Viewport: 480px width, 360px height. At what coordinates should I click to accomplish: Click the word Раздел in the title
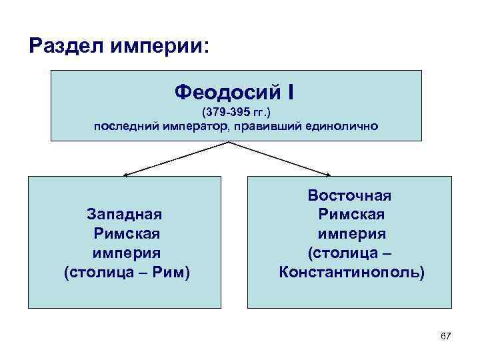click(x=62, y=47)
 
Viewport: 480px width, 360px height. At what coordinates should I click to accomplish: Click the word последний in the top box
click(x=125, y=126)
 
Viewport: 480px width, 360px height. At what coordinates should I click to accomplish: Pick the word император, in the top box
click(x=197, y=126)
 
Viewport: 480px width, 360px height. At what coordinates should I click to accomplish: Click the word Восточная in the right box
click(x=349, y=195)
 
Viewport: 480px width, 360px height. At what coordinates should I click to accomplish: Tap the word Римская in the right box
click(x=349, y=215)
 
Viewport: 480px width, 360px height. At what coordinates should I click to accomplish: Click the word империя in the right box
click(x=349, y=234)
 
